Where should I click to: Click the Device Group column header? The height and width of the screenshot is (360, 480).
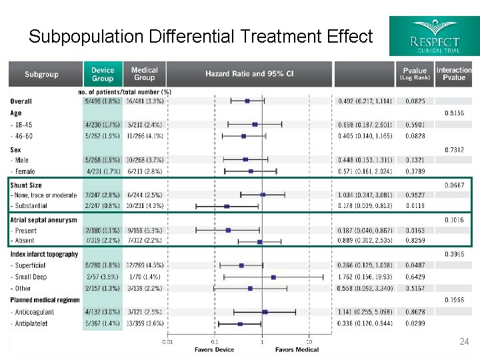[103, 74]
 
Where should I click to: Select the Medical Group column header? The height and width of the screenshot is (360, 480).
[144, 74]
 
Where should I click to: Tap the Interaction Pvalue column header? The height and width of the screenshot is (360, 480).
[454, 74]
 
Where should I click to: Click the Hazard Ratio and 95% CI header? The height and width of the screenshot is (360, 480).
[249, 74]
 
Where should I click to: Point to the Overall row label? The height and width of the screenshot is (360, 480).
[21, 101]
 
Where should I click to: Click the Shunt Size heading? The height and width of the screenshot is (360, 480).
[26, 185]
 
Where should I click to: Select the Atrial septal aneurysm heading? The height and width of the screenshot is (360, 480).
[43, 219]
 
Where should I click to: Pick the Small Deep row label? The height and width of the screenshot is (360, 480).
[29, 277]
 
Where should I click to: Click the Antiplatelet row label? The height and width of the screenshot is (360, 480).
[31, 324]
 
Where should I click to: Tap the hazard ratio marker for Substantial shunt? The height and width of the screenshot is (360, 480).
[227, 207]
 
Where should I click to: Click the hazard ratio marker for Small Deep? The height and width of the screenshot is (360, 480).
[273, 277]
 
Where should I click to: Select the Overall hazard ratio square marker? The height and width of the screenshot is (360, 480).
[247, 101]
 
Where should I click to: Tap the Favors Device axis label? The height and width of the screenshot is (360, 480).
[214, 349]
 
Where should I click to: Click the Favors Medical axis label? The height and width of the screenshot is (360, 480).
[297, 349]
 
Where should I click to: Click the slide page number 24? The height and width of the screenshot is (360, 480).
[465, 341]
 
